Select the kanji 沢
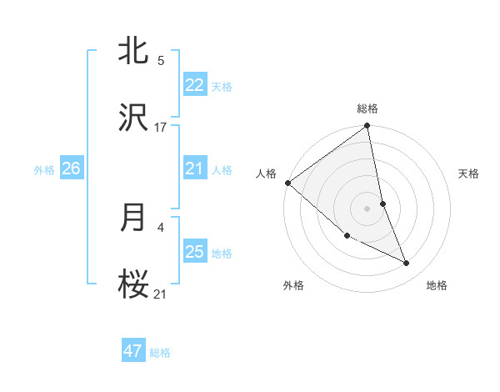tap(134, 118)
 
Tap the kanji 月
tap(134, 218)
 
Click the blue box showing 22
tap(194, 85)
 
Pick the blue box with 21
tap(194, 168)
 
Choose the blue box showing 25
tap(194, 252)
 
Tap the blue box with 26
tap(71, 168)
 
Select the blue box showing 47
tap(133, 351)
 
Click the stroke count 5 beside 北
tap(161, 61)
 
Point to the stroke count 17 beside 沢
tap(161, 128)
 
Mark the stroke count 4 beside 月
tap(161, 226)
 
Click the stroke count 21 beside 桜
tap(161, 294)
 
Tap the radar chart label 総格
tap(367, 108)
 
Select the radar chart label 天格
tap(468, 173)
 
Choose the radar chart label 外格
tap(293, 285)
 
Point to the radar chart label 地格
tap(437, 285)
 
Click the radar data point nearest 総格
tap(367, 127)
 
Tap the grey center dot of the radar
tap(367, 208)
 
